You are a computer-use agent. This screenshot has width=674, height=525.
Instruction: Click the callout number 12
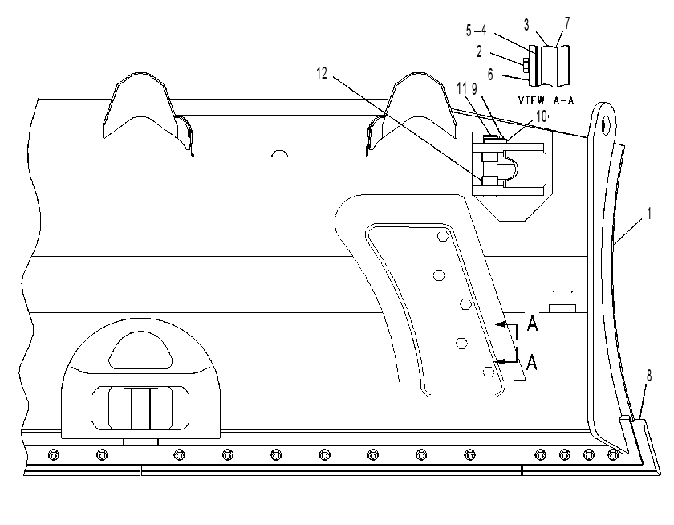pyautogui.click(x=322, y=74)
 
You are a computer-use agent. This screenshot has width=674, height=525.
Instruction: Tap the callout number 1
pyautogui.click(x=649, y=214)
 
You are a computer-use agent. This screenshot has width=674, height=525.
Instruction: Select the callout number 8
pyautogui.click(x=648, y=376)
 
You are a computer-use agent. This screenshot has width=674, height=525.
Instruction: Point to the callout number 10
pyautogui.click(x=542, y=116)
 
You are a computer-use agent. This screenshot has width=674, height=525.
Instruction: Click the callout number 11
pyautogui.click(x=461, y=88)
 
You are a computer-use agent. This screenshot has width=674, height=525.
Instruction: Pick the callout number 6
pyautogui.click(x=490, y=75)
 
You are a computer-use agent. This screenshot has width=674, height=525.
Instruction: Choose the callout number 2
pyautogui.click(x=479, y=51)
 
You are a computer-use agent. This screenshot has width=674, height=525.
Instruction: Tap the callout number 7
pyautogui.click(x=567, y=23)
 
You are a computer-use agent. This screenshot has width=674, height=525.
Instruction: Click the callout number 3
pyautogui.click(x=526, y=26)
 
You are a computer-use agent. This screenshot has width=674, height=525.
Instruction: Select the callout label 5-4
pyautogui.click(x=477, y=30)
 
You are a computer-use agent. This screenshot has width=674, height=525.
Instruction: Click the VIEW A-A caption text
pyautogui.click(x=546, y=100)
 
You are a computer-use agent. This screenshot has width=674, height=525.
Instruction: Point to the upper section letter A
pyautogui.click(x=532, y=324)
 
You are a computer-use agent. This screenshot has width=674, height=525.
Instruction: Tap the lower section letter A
pyautogui.click(x=532, y=363)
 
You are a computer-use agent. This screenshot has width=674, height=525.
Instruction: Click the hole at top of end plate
pyautogui.click(x=606, y=124)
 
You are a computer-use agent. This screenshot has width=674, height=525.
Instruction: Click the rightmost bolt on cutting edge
pyautogui.click(x=612, y=454)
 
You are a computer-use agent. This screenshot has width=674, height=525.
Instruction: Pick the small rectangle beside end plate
pyautogui.click(x=562, y=308)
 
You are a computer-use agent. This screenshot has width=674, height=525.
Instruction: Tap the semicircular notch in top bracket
pyautogui.click(x=280, y=153)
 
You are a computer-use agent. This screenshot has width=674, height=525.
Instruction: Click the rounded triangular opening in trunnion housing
pyautogui.click(x=140, y=351)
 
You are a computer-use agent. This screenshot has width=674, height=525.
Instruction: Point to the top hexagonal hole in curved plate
pyautogui.click(x=443, y=236)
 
